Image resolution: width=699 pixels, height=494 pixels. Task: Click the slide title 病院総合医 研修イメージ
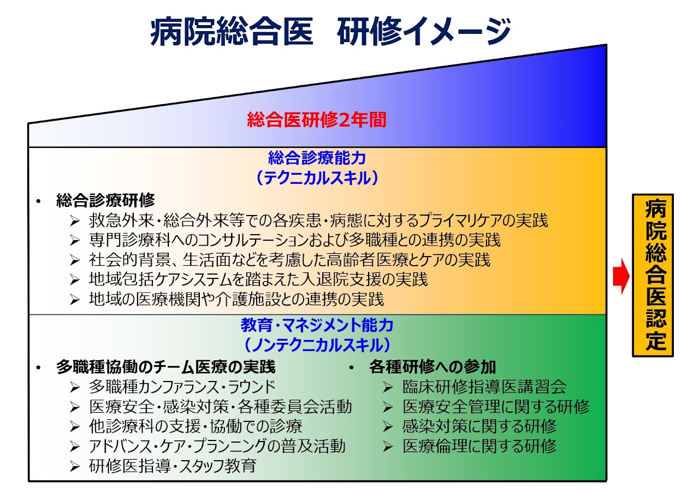(x=330, y=31)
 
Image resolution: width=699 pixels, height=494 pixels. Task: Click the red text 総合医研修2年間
(x=317, y=120)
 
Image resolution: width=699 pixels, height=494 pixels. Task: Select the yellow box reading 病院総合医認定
(x=653, y=275)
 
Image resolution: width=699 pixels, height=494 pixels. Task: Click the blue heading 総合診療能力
(x=317, y=158)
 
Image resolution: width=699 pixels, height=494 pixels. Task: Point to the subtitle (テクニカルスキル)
(x=317, y=178)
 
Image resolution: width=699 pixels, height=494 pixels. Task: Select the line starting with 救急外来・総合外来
(x=318, y=221)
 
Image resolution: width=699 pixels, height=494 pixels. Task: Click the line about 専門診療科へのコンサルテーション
(x=294, y=240)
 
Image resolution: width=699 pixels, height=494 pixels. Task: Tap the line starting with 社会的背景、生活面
(x=289, y=260)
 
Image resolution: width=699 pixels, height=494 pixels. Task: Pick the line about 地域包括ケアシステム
(x=258, y=279)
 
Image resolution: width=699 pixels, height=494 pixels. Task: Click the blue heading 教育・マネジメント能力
(x=317, y=325)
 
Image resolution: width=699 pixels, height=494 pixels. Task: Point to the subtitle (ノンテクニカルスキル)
(x=317, y=345)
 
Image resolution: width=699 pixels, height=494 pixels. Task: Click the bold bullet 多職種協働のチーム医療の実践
(x=165, y=367)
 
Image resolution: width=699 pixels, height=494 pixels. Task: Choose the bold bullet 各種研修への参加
(x=432, y=367)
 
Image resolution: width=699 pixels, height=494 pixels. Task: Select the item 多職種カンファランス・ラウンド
(x=182, y=387)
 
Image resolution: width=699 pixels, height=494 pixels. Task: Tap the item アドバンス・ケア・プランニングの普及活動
(x=217, y=446)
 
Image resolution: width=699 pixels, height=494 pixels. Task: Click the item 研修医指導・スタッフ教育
(x=172, y=466)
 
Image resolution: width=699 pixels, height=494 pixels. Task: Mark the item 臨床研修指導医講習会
(x=484, y=387)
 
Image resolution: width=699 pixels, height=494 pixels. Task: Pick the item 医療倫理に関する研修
(x=479, y=446)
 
